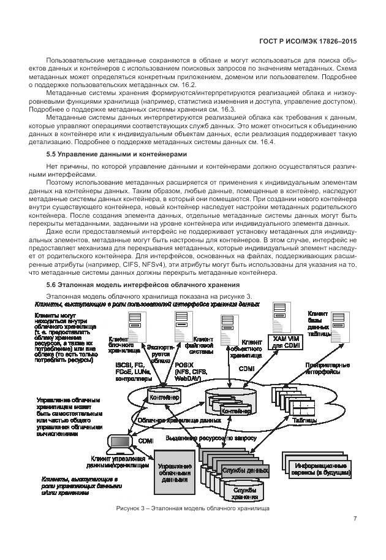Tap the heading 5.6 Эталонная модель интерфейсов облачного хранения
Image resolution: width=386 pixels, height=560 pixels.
143,285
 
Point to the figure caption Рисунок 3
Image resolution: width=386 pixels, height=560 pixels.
192,508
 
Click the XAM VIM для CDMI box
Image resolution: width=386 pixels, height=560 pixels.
287,342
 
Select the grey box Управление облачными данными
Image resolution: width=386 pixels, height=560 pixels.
175,474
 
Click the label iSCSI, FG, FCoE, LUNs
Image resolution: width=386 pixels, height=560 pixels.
134,371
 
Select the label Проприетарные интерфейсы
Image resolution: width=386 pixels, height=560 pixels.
326,368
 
